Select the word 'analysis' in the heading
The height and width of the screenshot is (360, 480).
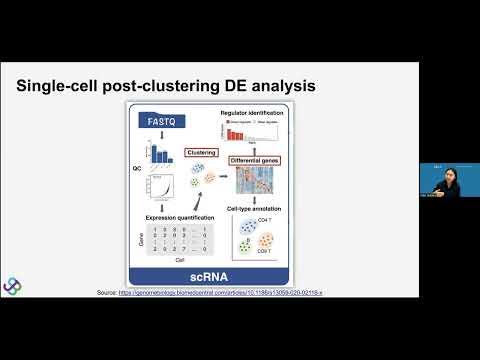point(280,87)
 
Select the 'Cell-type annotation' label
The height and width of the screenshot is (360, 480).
point(258,207)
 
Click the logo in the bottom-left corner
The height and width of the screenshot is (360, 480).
point(13,286)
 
